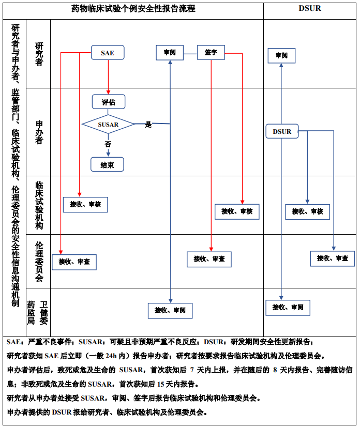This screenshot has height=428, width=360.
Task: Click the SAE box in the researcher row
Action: pyautogui.click(x=108, y=53)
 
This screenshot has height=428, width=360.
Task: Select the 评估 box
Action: pyautogui.click(x=108, y=102)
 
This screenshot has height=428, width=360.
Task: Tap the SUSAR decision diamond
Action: pyautogui.click(x=108, y=125)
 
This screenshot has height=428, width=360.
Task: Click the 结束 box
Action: pyautogui.click(x=108, y=164)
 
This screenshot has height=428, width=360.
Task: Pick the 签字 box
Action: pyautogui.click(x=211, y=53)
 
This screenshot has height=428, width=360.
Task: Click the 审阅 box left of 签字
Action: pyautogui.click(x=170, y=53)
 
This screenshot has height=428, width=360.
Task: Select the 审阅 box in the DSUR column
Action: pyautogui.click(x=281, y=55)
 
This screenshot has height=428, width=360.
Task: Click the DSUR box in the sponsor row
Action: pyautogui.click(x=282, y=132)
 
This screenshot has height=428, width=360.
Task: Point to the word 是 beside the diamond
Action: pyautogui.click(x=148, y=125)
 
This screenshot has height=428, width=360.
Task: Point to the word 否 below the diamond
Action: pyautogui.click(x=108, y=144)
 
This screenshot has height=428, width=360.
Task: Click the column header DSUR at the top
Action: pyautogui.click(x=309, y=9)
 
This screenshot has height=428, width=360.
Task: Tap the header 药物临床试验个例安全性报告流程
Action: pyautogui.click(x=133, y=9)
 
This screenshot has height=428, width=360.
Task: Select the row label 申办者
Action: pyautogui.click(x=39, y=132)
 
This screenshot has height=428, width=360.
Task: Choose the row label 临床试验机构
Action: pyautogui.click(x=39, y=205)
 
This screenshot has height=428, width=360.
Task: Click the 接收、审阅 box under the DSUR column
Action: pyautogui.click(x=288, y=307)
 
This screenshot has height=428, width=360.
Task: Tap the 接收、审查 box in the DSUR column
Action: pyautogui.click(x=332, y=258)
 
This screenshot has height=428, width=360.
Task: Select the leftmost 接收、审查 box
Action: pyautogui.click(x=74, y=262)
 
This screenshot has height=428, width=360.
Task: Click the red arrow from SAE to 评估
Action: pyautogui.click(x=108, y=78)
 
